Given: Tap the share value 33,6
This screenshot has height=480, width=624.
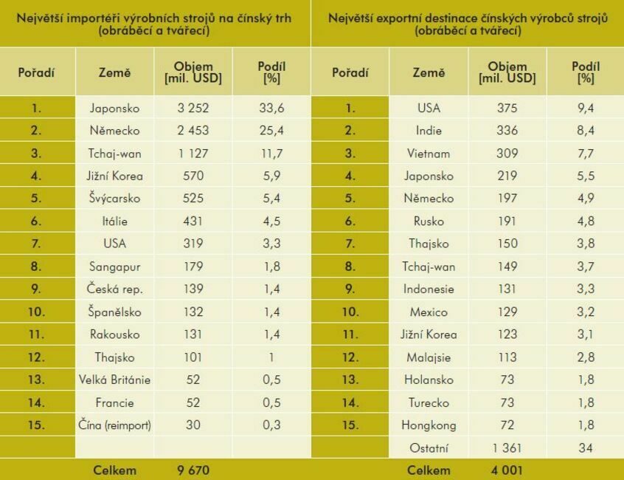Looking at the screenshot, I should pos(271,108).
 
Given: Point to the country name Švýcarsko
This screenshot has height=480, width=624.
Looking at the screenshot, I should pos(114,199).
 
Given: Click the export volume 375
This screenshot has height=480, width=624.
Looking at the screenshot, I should pos(507,108).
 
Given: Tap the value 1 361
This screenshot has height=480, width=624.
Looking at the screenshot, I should pos(507,448).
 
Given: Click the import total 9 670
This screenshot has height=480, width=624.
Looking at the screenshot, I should pos(190,470).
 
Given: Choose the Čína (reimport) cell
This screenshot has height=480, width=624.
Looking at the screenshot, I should pos(114,425).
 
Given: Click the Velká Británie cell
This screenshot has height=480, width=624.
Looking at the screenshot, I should pos(114,380).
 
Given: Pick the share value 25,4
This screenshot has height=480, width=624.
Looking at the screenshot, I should pos(271,131).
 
